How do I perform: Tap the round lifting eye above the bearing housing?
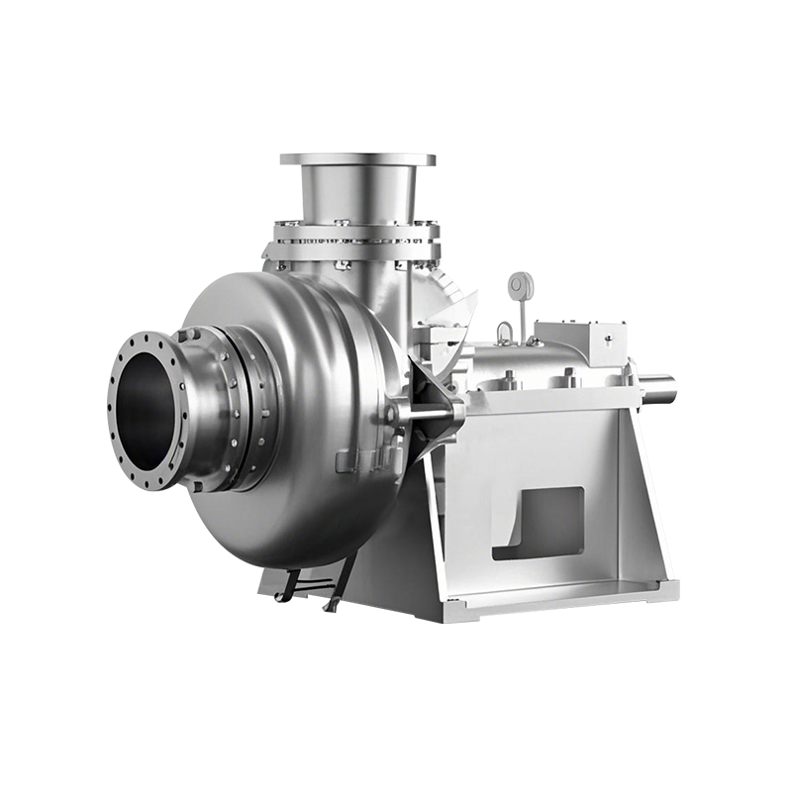(x=517, y=285)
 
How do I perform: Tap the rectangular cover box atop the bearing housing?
(x=574, y=342)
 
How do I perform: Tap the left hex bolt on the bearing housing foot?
(x=509, y=376)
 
